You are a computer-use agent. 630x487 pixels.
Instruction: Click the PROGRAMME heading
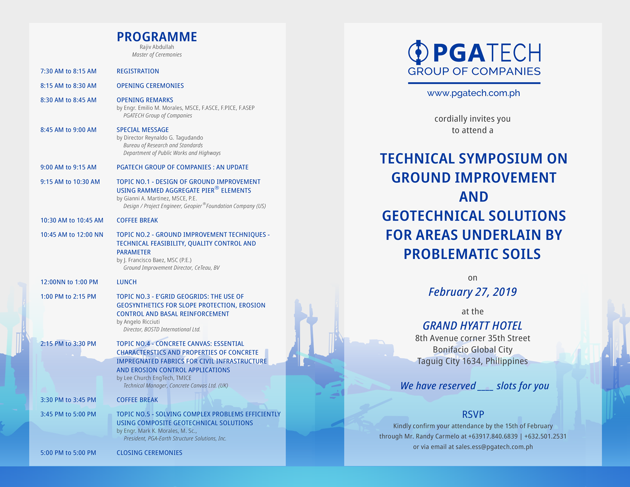[x=157, y=37]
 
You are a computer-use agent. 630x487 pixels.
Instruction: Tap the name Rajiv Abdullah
[x=157, y=47]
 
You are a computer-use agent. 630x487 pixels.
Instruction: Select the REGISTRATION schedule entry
[x=138, y=71]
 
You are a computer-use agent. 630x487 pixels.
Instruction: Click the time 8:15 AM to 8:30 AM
[x=68, y=86]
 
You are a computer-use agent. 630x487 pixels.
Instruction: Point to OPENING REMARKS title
[x=145, y=100]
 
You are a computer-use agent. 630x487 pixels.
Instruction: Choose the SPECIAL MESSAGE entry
[x=143, y=130]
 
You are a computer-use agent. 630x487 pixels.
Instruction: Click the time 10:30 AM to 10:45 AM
[x=72, y=221]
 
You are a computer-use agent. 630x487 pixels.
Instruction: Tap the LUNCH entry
[x=126, y=282]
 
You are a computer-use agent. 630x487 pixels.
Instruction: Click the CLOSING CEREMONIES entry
[x=150, y=453]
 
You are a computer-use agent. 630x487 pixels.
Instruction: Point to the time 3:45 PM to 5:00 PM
[x=68, y=415]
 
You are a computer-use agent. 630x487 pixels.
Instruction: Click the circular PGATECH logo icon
[x=418, y=53]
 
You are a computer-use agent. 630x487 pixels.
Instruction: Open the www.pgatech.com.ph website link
[x=473, y=93]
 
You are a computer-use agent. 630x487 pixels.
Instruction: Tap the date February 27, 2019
[x=472, y=292]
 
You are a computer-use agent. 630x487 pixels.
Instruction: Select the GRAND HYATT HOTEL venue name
[x=472, y=326]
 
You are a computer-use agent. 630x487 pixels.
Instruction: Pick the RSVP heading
[x=473, y=415]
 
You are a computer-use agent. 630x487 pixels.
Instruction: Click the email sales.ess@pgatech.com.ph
[x=494, y=447]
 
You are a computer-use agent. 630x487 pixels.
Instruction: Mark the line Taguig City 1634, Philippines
[x=472, y=361]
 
